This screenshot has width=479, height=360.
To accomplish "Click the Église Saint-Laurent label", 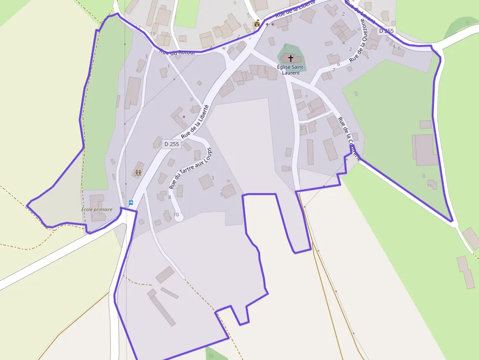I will [x=291, y=69].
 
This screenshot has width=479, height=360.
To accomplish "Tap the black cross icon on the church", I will [x=291, y=58].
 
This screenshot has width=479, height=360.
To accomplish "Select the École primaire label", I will [x=97, y=210].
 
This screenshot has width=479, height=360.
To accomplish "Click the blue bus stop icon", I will [x=131, y=203].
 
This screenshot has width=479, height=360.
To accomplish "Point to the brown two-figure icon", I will [x=138, y=173].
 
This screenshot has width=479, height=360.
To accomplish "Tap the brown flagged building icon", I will [x=257, y=23].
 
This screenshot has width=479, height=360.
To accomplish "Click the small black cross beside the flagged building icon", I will [x=267, y=24].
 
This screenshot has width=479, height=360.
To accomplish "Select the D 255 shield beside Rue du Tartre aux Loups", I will [x=172, y=144].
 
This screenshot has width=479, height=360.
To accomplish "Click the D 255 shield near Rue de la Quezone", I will [x=386, y=31].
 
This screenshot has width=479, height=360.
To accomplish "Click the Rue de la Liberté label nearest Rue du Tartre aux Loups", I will [x=195, y=122].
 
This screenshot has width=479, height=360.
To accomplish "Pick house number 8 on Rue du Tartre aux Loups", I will [x=170, y=197].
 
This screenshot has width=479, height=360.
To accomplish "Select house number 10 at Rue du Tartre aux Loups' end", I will [x=176, y=215].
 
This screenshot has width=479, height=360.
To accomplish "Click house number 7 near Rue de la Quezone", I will [x=334, y=70].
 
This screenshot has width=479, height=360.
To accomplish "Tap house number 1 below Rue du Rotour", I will [x=169, y=66].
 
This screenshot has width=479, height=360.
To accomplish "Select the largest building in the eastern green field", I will [x=424, y=149].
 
